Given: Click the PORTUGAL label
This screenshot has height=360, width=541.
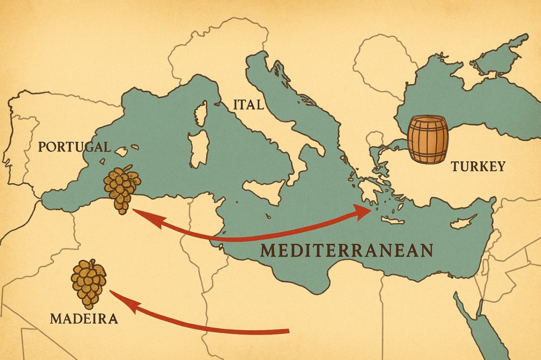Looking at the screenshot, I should [x=74, y=147].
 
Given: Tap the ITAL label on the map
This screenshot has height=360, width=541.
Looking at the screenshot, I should [x=248, y=105].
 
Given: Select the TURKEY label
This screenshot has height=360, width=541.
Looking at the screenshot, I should [x=478, y=167].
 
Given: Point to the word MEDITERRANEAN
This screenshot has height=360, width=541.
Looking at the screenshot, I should [x=347, y=250].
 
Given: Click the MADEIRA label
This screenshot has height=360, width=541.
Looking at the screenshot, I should [x=84, y=318].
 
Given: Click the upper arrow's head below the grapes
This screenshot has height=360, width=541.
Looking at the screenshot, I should [x=136, y=211].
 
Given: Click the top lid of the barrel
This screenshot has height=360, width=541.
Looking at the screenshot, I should [x=427, y=121].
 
